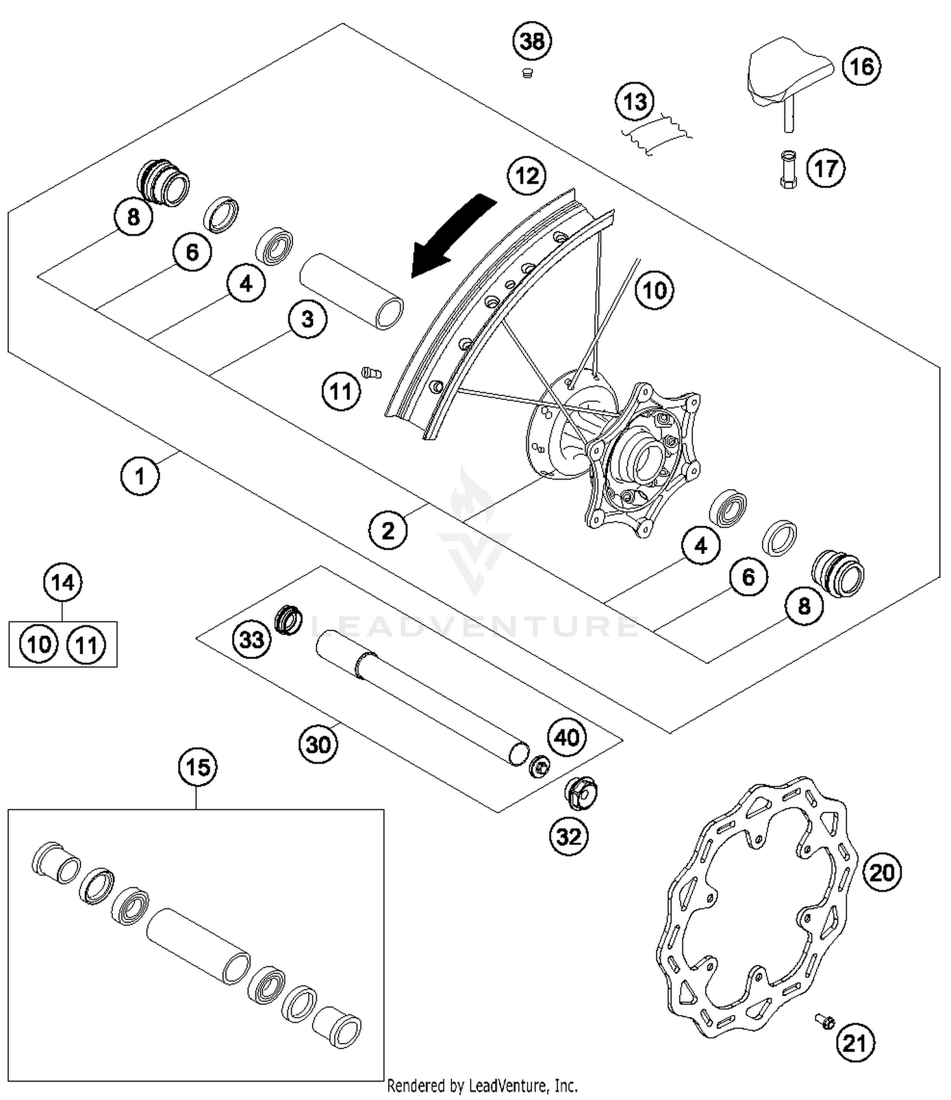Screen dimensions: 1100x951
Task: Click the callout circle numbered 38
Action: [532, 41]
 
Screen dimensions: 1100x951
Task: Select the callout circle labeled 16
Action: [861, 67]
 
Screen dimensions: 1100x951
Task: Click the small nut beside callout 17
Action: [787, 169]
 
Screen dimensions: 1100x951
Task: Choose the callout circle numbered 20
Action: [881, 873]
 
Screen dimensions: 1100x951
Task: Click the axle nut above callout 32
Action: [580, 793]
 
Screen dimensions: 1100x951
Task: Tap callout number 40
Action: [566, 737]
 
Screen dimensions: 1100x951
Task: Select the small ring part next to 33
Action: [288, 619]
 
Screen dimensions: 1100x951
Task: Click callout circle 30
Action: [318, 744]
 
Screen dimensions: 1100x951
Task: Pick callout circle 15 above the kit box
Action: [197, 767]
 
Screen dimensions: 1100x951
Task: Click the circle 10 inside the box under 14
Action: [39, 645]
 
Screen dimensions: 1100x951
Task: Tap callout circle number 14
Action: [63, 582]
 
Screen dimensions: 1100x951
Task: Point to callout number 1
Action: [139, 476]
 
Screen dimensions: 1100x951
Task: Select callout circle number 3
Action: [307, 319]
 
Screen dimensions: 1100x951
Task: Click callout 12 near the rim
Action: [527, 176]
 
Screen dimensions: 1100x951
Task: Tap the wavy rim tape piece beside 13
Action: [656, 134]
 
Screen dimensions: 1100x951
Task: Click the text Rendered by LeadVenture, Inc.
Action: [482, 1086]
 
